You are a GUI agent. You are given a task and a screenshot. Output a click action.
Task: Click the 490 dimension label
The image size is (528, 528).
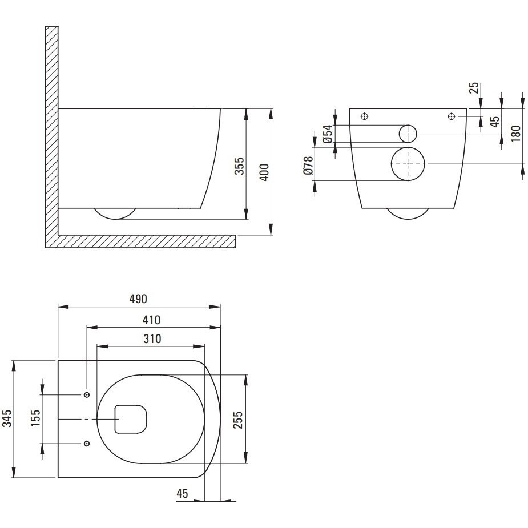pos(138,299)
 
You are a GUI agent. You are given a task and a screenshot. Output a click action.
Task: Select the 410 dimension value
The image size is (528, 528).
pos(151,320)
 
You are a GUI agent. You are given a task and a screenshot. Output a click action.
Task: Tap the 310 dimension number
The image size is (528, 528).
pos(152,338)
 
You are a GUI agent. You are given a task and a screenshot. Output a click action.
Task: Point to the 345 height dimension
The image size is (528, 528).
pos(7,418)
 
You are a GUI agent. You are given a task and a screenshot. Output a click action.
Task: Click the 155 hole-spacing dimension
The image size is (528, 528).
pos(35,418)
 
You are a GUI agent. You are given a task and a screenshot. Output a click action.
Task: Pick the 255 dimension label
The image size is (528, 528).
pos(237,420)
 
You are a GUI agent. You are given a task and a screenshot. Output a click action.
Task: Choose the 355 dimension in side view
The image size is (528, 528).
pos(239,166)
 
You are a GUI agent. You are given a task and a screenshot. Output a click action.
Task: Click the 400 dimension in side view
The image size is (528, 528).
pos(265,172)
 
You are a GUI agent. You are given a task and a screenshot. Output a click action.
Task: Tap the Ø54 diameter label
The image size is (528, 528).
pos(327,134)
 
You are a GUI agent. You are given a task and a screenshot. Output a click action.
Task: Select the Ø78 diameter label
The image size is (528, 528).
pos(308,166)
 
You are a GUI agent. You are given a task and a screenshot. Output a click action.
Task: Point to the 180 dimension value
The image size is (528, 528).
pos(515,134)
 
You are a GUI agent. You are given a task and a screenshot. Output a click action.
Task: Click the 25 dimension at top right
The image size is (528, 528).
pos(474,88)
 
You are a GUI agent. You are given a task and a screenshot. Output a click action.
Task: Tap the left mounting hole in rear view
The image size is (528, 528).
pos(364,116)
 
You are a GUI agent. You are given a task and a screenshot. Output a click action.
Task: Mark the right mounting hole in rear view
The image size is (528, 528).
pos(452,116)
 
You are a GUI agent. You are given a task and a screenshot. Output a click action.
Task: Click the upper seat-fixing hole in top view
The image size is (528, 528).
pos(87,394)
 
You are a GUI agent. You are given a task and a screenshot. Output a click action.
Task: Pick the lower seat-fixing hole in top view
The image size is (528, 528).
pos(87,444)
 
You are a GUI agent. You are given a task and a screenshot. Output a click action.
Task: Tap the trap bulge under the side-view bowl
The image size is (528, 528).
pos(115,219)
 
